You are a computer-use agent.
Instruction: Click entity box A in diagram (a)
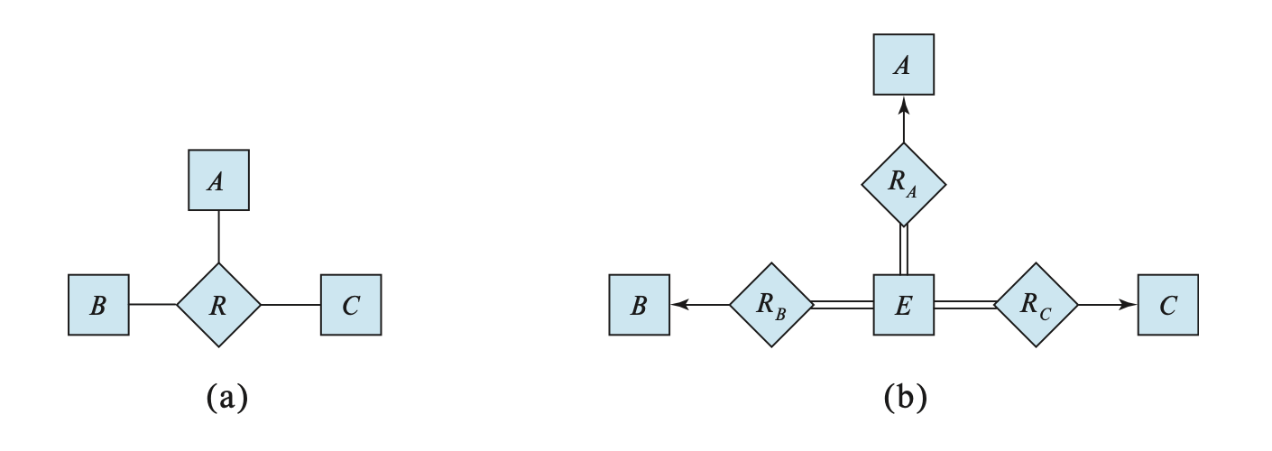(218, 180)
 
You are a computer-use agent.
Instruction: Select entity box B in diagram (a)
(98, 305)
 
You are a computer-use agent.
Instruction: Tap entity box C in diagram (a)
(351, 305)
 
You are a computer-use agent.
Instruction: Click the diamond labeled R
(218, 305)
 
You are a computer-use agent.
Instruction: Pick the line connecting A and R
(218, 237)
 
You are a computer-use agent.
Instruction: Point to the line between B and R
(152, 305)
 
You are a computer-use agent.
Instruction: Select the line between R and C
(290, 305)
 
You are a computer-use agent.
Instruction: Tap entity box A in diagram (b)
(903, 64)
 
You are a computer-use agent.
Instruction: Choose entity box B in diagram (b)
(639, 305)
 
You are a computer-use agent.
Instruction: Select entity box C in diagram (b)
(1168, 305)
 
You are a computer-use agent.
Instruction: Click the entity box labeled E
(903, 305)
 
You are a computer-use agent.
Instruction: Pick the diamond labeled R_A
(903, 184)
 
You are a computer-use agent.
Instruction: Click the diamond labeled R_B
(770, 305)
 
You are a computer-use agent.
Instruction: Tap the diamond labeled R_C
(1036, 305)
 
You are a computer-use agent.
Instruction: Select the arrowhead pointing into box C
(1129, 305)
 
